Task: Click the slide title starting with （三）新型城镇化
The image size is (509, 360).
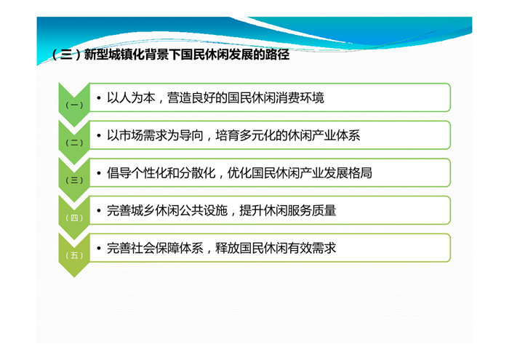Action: click(171, 55)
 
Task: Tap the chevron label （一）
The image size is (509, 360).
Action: click(74, 105)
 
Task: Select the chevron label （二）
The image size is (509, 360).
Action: click(74, 143)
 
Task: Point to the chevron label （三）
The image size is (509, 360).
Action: click(74, 180)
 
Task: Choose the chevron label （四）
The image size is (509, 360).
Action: click(74, 217)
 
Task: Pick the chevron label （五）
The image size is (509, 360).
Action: click(74, 255)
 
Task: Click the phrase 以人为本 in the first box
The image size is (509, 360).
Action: click(131, 97)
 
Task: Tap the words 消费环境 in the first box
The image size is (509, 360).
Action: click(300, 97)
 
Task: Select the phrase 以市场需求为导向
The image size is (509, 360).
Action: click(155, 135)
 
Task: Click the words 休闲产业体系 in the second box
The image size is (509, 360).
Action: click(324, 135)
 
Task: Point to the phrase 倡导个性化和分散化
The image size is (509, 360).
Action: click(161, 173)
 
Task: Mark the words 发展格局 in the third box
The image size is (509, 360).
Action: click(348, 173)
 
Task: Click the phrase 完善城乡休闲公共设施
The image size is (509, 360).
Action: click(167, 211)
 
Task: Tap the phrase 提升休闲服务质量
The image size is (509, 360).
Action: click(288, 211)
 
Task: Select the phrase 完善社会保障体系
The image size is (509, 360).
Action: click(155, 248)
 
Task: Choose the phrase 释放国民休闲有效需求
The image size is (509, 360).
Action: click(276, 248)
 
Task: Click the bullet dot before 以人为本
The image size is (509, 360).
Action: click(99, 98)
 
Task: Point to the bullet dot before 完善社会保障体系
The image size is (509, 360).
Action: click(99, 249)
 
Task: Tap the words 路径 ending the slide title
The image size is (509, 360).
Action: click(277, 55)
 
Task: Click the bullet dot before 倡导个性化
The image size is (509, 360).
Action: click(99, 173)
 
